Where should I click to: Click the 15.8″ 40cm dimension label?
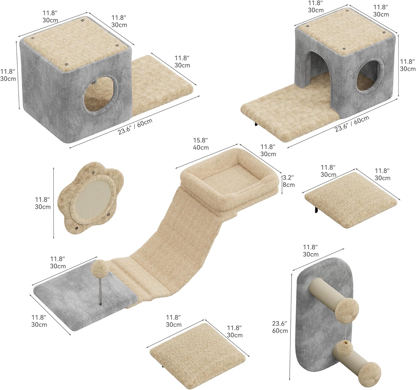(201, 144)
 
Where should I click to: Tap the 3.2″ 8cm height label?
(288, 181)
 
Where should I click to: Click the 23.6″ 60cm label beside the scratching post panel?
(280, 327)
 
